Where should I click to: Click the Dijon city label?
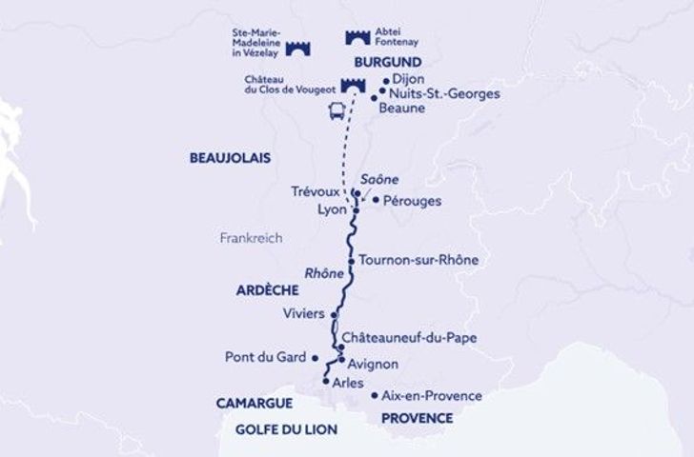point(408,81)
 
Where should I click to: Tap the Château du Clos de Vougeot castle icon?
point(352,86)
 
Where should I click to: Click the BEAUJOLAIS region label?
point(231,156)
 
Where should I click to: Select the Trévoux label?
point(314,191)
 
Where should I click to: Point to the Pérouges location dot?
point(376,200)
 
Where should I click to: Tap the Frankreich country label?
point(250,239)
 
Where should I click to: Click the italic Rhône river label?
point(322,273)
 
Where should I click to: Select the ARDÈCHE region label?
point(261,290)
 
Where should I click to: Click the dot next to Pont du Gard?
point(314,358)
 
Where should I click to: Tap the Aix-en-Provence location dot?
point(374,395)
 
